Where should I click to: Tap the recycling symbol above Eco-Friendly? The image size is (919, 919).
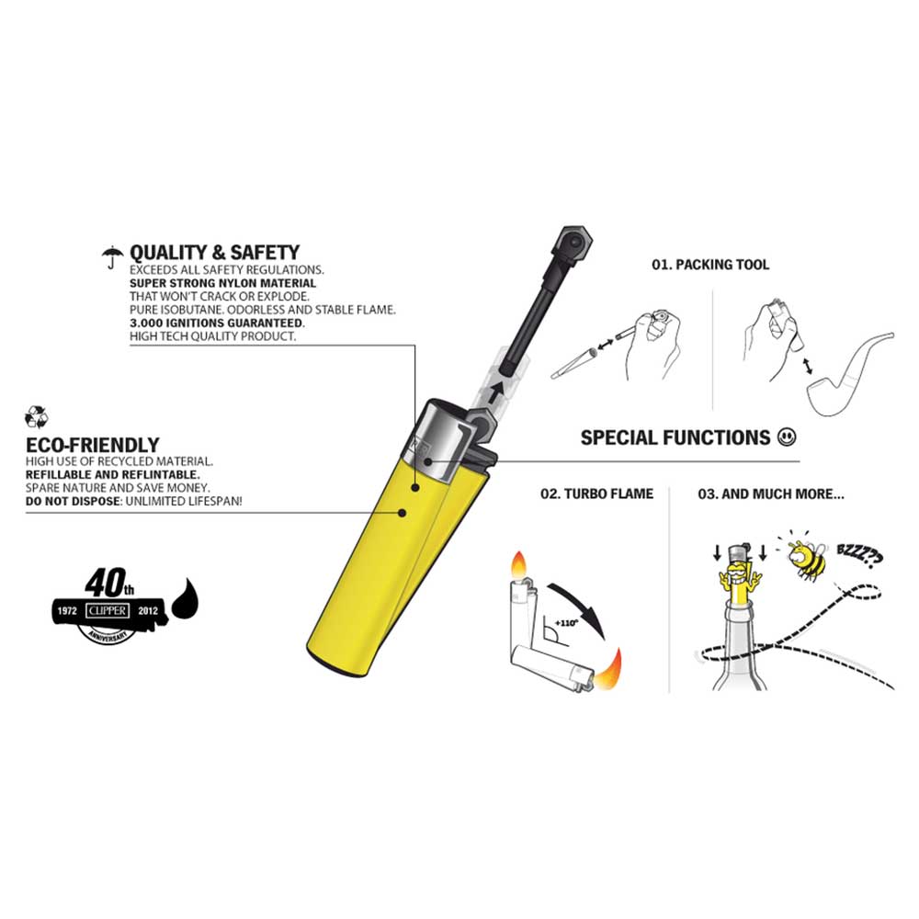tap(37, 416)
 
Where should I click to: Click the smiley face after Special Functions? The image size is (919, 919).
tap(787, 437)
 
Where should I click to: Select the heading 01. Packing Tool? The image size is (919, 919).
tap(710, 265)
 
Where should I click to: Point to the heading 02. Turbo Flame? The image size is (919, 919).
tap(596, 494)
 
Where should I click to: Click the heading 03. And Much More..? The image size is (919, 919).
tap(771, 494)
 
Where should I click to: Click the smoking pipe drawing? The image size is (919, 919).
tap(850, 375)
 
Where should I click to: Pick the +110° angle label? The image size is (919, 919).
tap(566, 623)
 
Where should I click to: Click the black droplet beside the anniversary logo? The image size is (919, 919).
tap(186, 598)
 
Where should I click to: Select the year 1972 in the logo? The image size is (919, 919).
tap(67, 611)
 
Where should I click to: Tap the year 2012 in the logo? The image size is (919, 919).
tap(148, 611)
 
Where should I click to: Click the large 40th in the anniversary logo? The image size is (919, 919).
tap(109, 582)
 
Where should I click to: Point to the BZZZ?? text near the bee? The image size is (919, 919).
tap(859, 556)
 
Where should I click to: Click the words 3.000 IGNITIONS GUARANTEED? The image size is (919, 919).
tap(217, 323)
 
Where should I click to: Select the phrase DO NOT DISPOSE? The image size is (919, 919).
tap(73, 502)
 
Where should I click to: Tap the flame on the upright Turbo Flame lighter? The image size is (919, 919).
tap(519, 565)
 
